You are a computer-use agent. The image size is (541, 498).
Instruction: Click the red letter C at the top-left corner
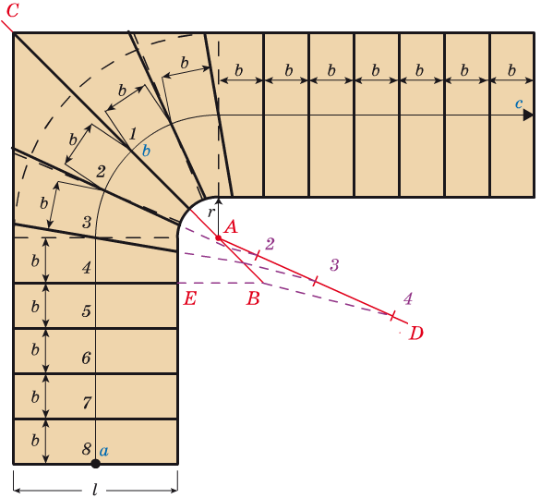click(12, 10)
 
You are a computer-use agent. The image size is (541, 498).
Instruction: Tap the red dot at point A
click(219, 238)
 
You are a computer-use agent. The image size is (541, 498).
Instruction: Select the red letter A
click(231, 227)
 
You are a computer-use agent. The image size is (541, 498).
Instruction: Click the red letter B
click(253, 298)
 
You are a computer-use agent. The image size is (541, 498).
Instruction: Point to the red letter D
click(416, 334)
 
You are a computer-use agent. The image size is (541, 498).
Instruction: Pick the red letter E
click(190, 298)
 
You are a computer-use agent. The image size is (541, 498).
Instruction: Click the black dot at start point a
click(96, 464)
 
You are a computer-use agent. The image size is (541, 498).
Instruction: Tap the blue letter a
click(103, 451)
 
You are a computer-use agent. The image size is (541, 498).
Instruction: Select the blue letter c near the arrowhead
click(519, 103)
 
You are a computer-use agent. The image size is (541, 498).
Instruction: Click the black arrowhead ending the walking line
click(528, 115)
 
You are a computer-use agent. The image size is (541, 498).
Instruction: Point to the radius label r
click(210, 213)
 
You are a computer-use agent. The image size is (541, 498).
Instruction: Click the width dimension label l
click(95, 490)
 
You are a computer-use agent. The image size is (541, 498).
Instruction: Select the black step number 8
click(87, 449)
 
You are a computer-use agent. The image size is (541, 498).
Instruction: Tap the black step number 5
click(87, 311)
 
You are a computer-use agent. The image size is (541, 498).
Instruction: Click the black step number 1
click(133, 134)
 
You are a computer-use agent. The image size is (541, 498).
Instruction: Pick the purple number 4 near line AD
click(408, 298)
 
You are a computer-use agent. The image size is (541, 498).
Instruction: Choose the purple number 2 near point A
click(270, 244)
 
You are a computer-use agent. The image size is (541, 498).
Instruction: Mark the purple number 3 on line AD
click(334, 265)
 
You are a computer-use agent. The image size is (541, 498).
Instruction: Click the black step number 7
click(87, 403)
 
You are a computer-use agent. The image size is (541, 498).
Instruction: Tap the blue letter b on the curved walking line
click(146, 151)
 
